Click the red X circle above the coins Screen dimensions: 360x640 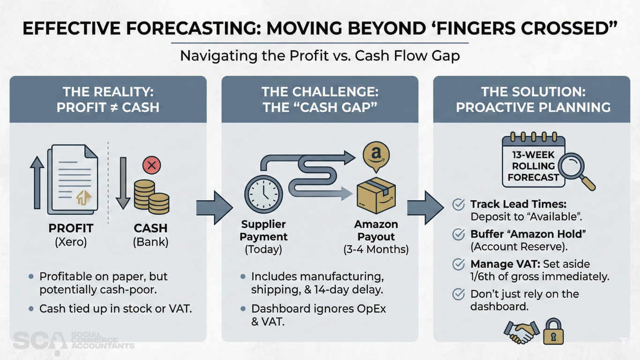151,165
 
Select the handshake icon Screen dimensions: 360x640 521,332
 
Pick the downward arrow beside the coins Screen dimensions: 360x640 123,183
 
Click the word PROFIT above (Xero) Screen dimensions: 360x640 71,228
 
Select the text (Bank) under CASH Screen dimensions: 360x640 151,243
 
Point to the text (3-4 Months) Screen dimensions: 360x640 375,249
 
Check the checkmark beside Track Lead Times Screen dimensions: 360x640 458,205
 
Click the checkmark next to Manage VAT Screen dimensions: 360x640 458,264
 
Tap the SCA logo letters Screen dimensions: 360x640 39,341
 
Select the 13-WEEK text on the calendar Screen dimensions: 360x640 533,155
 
